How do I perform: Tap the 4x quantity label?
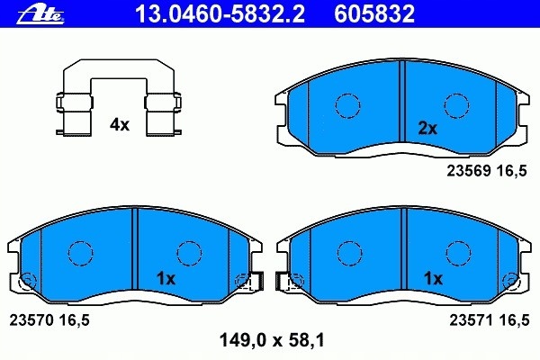click(x=120, y=125)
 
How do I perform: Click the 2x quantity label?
click(x=427, y=128)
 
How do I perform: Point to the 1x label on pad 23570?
click(x=166, y=278)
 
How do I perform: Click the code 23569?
click(x=466, y=169)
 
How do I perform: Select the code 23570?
click(x=31, y=319)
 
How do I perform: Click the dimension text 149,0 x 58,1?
click(x=271, y=341)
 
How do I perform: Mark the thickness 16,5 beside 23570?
click(x=76, y=319)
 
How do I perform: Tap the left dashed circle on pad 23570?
click(x=82, y=253)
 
